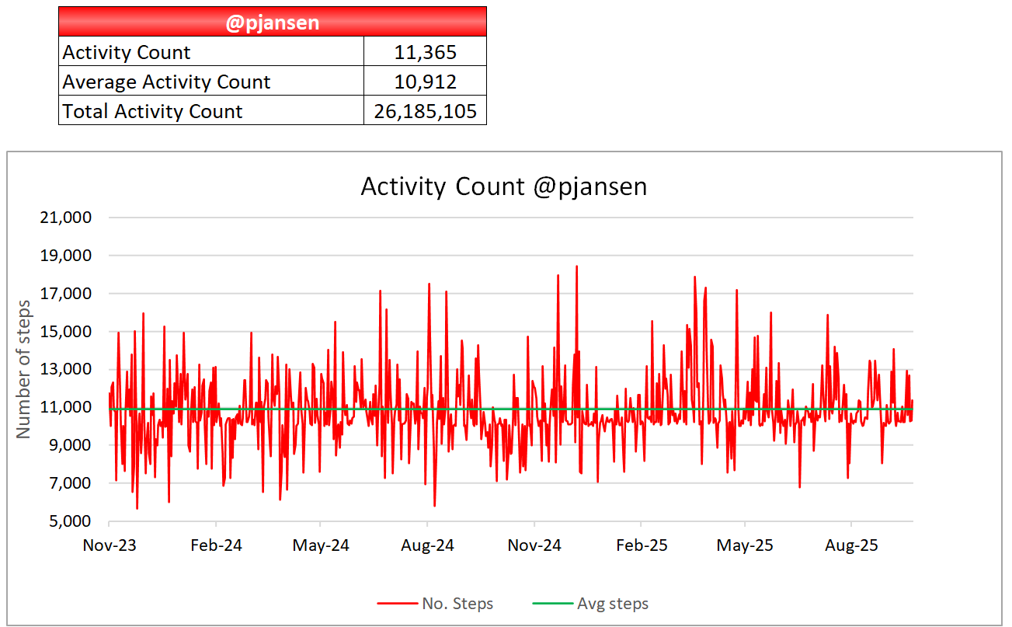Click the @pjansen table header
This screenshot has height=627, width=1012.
pos(272,23)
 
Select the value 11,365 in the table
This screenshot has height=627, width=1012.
pos(425,52)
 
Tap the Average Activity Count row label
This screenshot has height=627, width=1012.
pos(166,82)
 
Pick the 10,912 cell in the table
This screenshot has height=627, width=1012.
pos(425,82)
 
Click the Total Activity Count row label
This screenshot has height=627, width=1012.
pos(152,111)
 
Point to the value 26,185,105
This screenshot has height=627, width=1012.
pos(425,111)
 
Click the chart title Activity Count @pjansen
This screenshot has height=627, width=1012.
pos(503,187)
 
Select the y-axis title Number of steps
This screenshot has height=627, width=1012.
pos(24,368)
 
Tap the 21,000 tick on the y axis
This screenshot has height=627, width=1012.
pos(65,218)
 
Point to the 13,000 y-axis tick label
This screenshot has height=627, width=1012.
pos(65,370)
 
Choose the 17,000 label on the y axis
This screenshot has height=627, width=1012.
pos(65,294)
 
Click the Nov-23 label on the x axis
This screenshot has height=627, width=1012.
pos(110,545)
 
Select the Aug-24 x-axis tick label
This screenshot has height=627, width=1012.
pos(428,545)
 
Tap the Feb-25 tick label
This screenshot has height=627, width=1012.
pos(641,545)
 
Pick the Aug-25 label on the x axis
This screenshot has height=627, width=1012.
pos(851,545)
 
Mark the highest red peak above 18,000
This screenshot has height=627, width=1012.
pos(576,266)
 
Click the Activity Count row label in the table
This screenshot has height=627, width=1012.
pos(127,52)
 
